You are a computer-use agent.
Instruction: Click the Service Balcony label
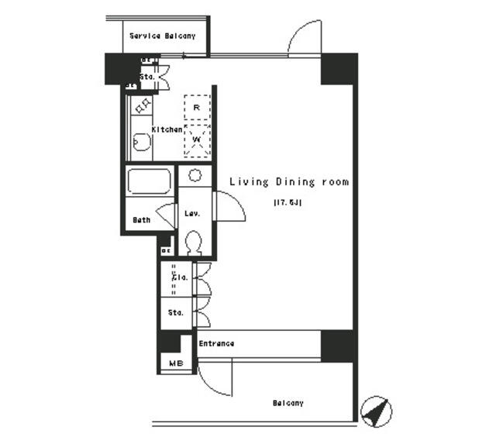[162, 36]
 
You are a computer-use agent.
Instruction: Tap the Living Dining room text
[288, 182]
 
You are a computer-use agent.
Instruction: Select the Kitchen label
[167, 129]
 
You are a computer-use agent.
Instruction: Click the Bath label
[141, 220]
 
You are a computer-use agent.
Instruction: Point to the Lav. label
[192, 214]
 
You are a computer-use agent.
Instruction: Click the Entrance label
[216, 343]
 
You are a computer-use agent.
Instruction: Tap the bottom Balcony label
[288, 403]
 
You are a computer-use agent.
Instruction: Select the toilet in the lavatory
[195, 243]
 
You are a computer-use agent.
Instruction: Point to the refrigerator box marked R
[197, 106]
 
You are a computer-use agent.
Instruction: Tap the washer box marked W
[197, 140]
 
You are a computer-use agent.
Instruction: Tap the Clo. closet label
[177, 277]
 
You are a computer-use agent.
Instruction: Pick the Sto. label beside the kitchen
[147, 78]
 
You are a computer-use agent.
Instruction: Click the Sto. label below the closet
[176, 313]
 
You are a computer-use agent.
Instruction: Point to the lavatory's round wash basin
[195, 174]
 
